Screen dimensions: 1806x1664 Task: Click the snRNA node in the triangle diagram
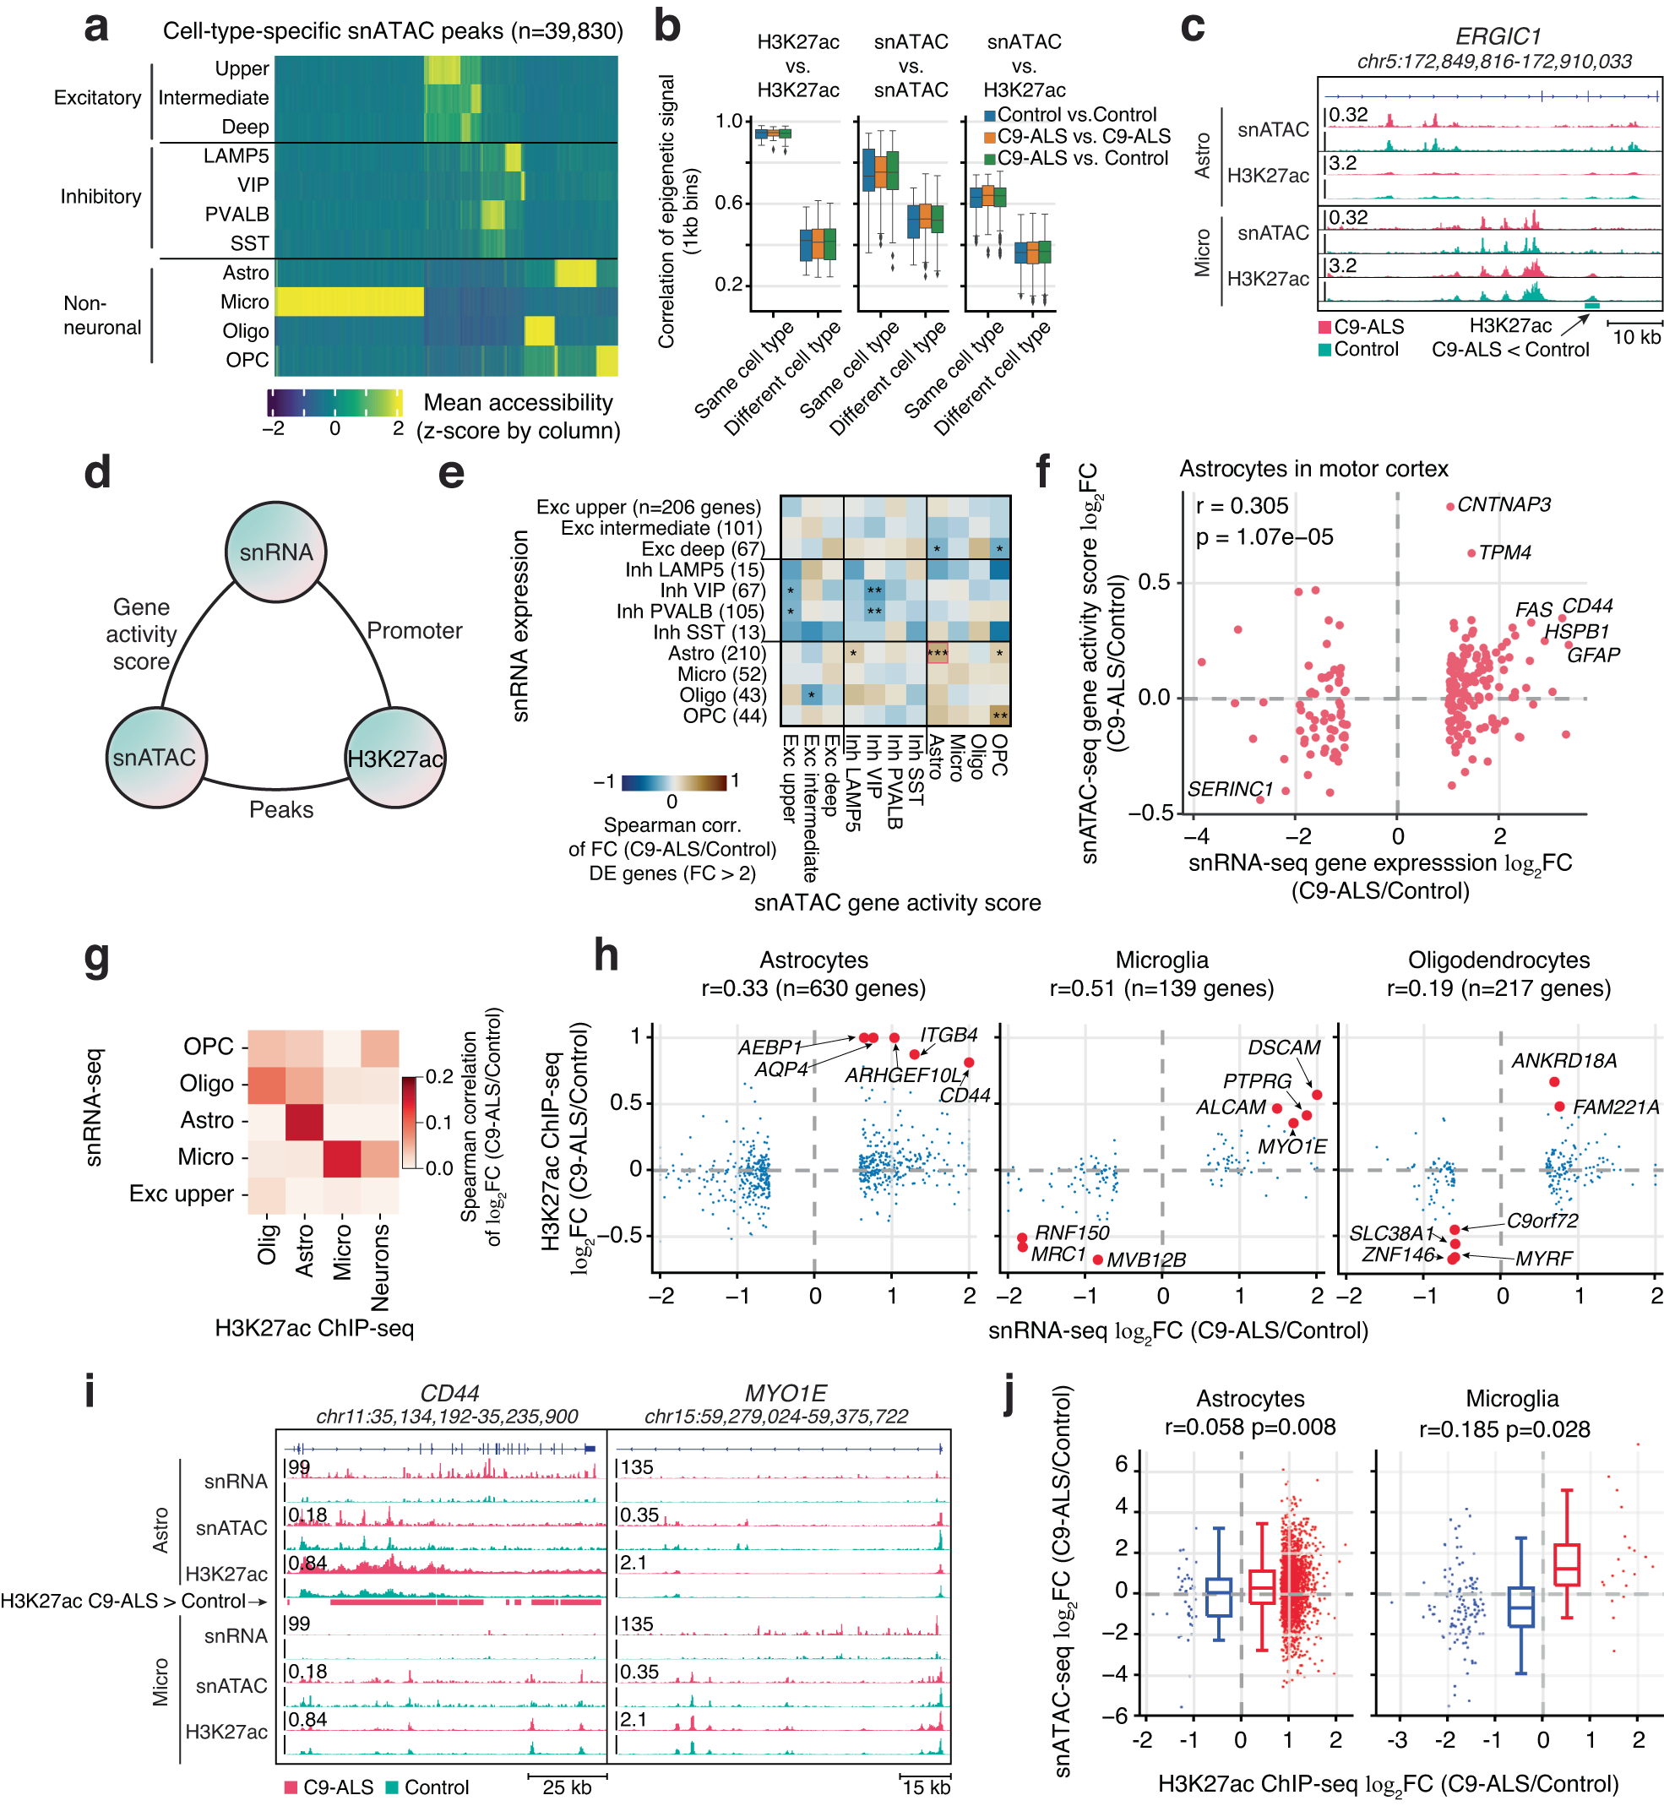(275, 552)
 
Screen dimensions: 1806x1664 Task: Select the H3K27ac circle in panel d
(395, 758)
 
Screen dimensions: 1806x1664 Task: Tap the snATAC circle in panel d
(155, 757)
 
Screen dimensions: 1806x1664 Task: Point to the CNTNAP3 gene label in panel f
(1503, 505)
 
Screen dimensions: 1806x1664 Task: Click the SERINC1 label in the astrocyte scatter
(1229, 789)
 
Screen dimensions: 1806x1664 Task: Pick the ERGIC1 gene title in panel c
(1498, 37)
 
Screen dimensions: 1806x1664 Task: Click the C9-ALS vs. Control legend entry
(1082, 158)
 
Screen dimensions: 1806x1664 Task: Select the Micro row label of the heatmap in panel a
(245, 302)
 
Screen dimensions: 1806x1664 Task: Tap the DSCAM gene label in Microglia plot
(1283, 1047)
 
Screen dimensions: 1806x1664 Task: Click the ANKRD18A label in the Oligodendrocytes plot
(1563, 1061)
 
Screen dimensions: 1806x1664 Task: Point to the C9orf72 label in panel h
(1542, 1220)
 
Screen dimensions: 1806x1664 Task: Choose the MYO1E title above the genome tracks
(786, 1393)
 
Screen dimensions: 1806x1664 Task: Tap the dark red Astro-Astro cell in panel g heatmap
(304, 1121)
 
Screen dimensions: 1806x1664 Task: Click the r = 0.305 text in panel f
(1242, 506)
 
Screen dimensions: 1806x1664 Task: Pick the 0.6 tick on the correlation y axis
(728, 203)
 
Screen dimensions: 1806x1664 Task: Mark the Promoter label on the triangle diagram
(414, 630)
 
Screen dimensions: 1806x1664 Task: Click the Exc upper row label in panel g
(181, 1194)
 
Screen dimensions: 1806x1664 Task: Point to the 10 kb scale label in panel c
(1635, 338)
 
